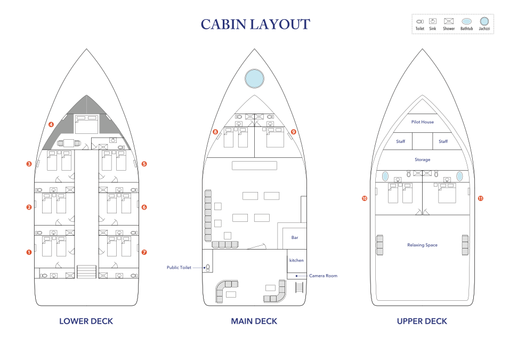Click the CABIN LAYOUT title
(x=255, y=25)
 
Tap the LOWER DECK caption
(x=86, y=321)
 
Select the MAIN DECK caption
(x=254, y=321)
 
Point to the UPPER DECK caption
(x=422, y=321)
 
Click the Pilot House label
(x=422, y=122)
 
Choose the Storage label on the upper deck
(x=422, y=159)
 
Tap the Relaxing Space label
(x=422, y=245)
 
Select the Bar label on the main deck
(x=295, y=237)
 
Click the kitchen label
(x=296, y=260)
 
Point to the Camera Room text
(x=323, y=276)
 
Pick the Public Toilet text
(x=179, y=268)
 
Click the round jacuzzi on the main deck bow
(x=254, y=78)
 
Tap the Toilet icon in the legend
(x=420, y=21)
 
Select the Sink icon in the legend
(x=432, y=21)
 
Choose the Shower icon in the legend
(x=449, y=21)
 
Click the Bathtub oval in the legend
(x=466, y=21)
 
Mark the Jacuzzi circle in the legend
(x=484, y=21)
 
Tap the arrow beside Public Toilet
(x=199, y=268)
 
